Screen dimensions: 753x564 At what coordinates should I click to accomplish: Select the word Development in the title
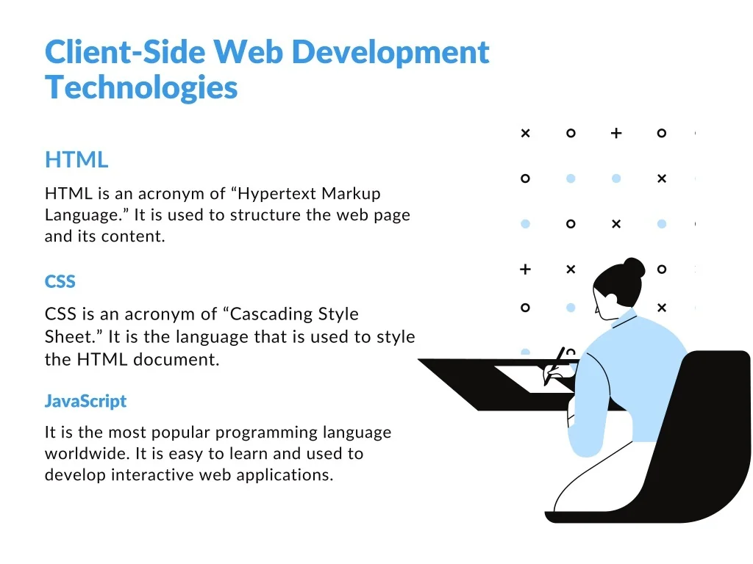coord(390,52)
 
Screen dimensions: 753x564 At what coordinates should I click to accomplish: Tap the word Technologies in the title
coord(141,88)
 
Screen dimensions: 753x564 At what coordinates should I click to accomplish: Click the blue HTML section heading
coord(76,159)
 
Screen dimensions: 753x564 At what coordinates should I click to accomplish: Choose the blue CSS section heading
coord(60,281)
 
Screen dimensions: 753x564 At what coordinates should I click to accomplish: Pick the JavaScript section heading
coord(85,401)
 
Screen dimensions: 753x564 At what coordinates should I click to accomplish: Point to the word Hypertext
coord(276,194)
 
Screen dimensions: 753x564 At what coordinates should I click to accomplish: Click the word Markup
coord(351,194)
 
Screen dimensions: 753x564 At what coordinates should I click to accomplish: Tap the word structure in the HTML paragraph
coord(265,215)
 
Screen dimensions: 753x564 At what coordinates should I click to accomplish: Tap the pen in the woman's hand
coord(554,366)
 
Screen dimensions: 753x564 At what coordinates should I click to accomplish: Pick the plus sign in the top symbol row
coord(616,133)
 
